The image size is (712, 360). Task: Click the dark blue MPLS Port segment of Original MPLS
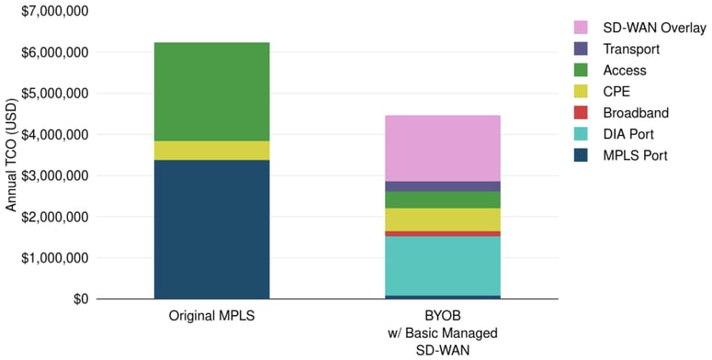click(x=211, y=229)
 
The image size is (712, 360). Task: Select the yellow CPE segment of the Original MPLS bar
click(x=211, y=151)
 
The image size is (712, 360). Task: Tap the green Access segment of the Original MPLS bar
click(x=211, y=91)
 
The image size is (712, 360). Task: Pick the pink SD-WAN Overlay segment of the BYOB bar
click(x=443, y=148)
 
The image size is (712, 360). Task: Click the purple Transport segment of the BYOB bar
click(x=443, y=186)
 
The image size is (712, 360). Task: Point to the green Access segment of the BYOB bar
click(x=443, y=199)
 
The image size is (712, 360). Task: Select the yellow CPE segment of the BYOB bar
click(x=443, y=219)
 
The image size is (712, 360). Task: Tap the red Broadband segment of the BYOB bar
click(x=443, y=233)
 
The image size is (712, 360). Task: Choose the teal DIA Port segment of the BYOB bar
click(x=443, y=265)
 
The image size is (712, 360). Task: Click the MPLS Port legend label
click(x=635, y=156)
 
